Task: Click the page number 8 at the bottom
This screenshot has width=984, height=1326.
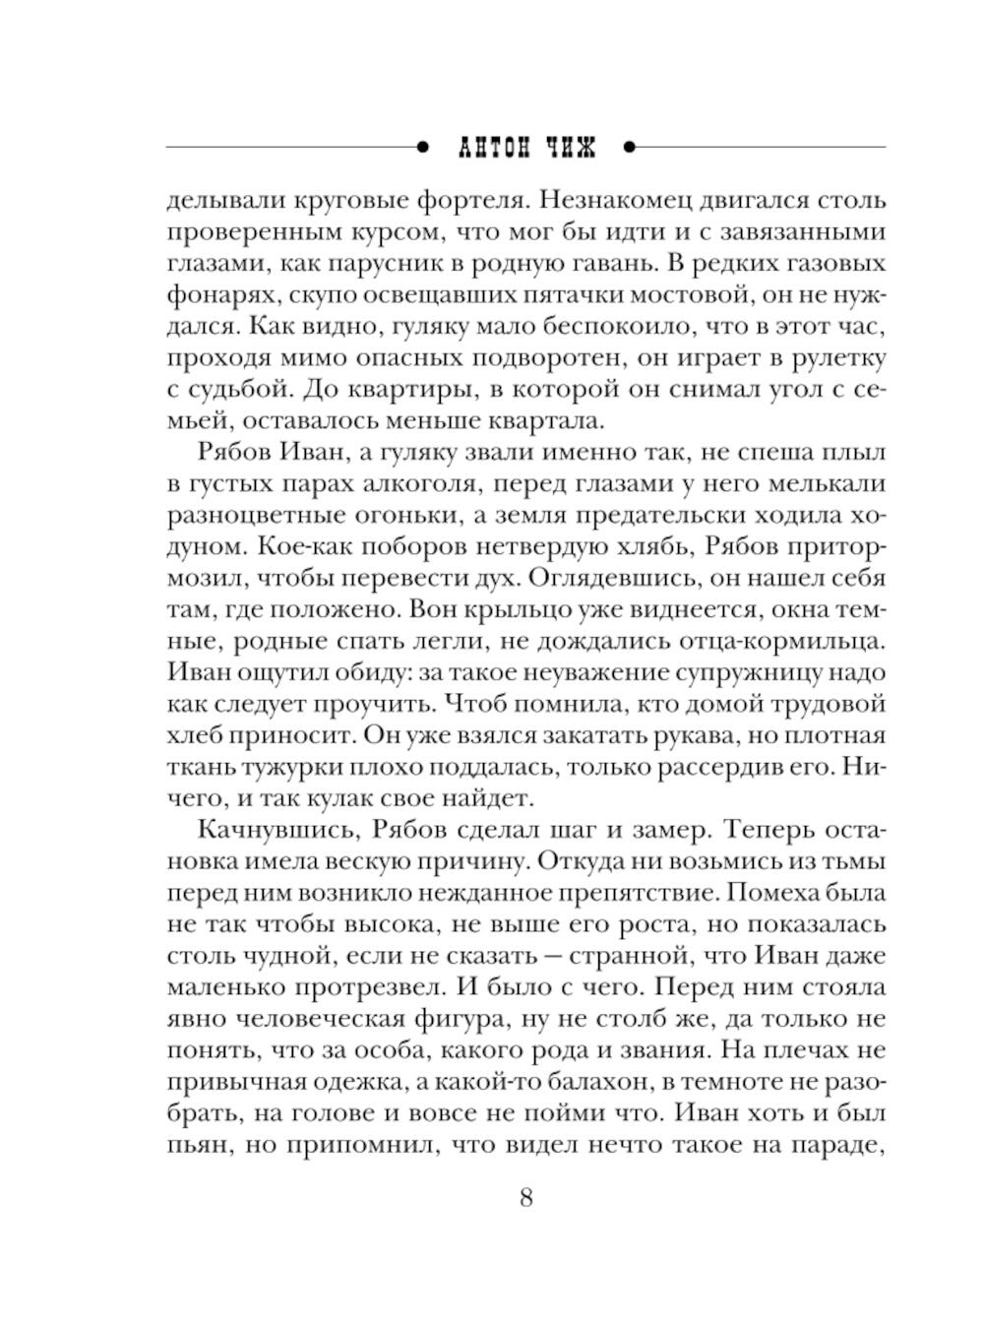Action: coord(525,1198)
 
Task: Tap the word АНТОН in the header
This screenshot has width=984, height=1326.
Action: coord(495,148)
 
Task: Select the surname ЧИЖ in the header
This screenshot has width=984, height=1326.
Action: coord(571,148)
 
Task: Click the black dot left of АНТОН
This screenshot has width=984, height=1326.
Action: coord(423,148)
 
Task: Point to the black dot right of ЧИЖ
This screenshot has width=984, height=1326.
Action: coord(630,148)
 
